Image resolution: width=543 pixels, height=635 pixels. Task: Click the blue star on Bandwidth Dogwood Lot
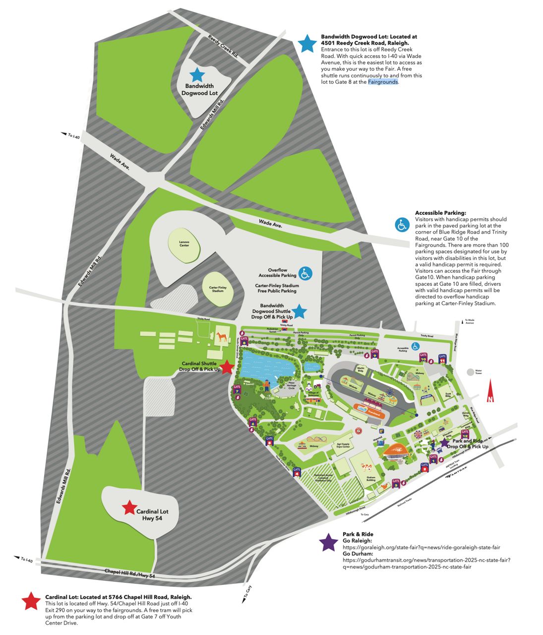[197, 75]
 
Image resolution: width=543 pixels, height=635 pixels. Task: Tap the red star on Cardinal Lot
[129, 508]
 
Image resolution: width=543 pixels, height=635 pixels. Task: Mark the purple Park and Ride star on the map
[444, 441]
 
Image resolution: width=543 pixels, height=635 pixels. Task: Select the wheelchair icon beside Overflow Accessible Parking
[305, 272]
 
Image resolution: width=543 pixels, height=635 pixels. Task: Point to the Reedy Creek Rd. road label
[223, 47]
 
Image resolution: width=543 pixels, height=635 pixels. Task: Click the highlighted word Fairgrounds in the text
[383, 82]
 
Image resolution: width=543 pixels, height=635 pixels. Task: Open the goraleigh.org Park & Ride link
[421, 547]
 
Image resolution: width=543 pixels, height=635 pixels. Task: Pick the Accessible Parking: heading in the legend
[440, 213]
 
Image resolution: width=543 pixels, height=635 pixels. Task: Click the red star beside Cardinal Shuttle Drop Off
[227, 367]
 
